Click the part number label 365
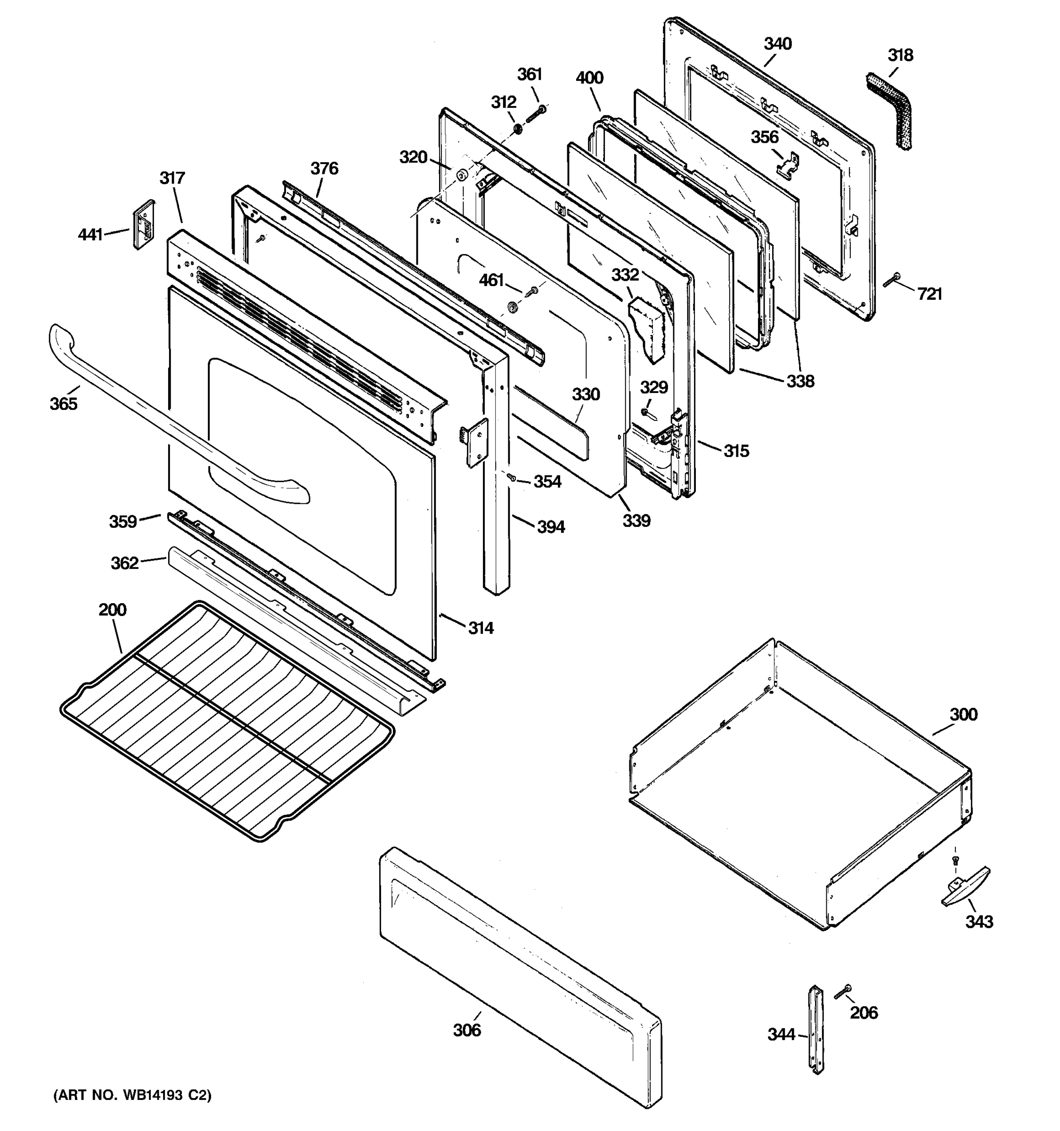coord(63,404)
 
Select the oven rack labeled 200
coord(228,722)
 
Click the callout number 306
coord(467,1030)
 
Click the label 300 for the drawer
coord(963,714)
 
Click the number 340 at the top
coord(777,44)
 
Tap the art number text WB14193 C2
coord(132,1095)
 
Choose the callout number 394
coord(551,527)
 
